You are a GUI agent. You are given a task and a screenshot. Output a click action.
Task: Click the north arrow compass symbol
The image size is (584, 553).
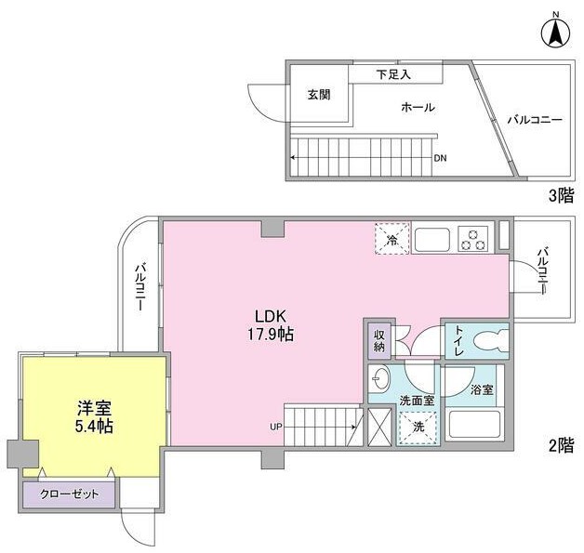coord(556,33)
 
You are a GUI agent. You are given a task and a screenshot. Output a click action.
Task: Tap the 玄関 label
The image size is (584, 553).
coord(319,95)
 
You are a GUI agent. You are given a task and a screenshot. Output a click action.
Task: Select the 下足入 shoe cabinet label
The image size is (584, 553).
coord(393,74)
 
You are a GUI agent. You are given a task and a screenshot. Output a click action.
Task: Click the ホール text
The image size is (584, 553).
coord(418,107)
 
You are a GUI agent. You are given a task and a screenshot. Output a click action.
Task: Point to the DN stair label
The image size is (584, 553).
coord(440,158)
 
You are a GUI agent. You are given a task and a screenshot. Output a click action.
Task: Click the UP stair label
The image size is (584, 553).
coord(276,427)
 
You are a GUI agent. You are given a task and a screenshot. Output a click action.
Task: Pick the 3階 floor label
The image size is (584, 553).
coord(562,196)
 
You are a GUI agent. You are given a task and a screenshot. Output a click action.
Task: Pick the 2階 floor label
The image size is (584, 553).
coord(562,445)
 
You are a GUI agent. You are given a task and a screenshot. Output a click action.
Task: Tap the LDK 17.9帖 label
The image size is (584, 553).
coord(271,325)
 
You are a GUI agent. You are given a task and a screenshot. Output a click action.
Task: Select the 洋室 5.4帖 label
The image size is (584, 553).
coord(94,416)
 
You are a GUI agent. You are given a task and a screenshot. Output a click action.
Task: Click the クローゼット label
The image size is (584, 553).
coord(69,494)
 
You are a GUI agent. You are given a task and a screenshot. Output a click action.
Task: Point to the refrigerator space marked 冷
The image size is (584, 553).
coord(392,239)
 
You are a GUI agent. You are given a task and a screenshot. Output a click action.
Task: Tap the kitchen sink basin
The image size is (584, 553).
coord(432,240)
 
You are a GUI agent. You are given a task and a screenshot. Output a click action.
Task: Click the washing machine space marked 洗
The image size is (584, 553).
coord(418,428)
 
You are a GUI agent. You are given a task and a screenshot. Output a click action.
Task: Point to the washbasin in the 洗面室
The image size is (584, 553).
coord(380,379)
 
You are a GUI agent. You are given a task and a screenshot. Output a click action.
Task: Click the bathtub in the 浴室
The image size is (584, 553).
coord(474,424)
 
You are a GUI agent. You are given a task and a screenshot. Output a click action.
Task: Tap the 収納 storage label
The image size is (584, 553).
coord(379,340)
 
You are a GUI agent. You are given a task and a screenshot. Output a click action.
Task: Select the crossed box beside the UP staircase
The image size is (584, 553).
coord(379,427)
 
